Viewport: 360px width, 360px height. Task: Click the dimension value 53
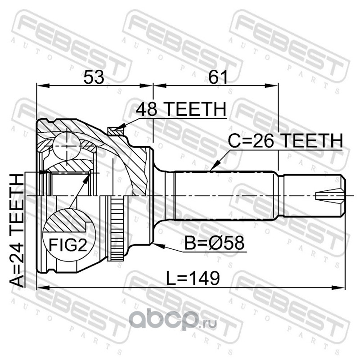[x=94, y=77]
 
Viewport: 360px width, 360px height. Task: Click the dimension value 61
[x=218, y=77]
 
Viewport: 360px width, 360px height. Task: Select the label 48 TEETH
[x=181, y=109]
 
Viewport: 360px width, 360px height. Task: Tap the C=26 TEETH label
[x=285, y=140]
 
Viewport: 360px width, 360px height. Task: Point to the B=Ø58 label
[x=215, y=243]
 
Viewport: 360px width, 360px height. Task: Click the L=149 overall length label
[x=193, y=278]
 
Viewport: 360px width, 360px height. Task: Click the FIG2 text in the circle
[x=68, y=245]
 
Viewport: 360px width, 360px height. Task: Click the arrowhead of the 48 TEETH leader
[x=122, y=126]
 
